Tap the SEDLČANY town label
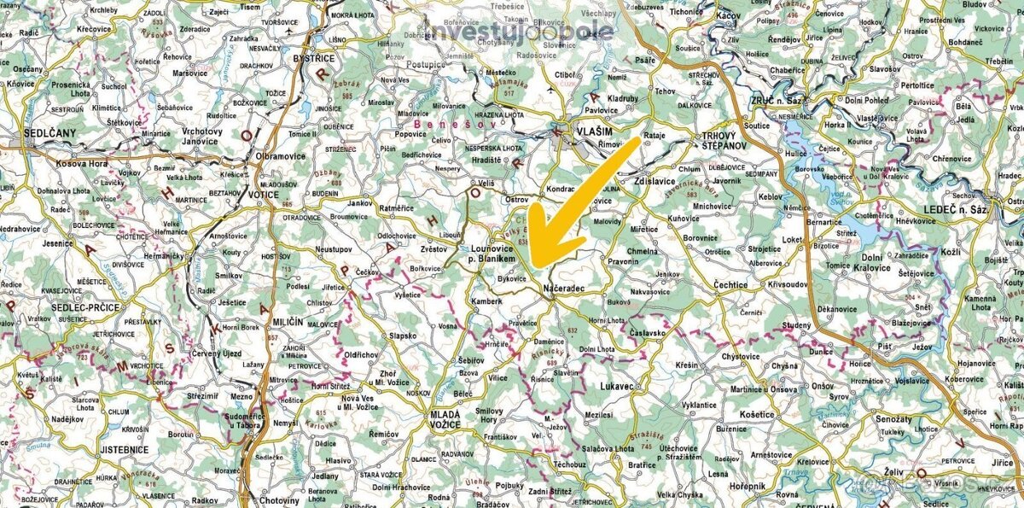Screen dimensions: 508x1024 (48, 133)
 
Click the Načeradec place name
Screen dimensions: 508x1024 (563, 290)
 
